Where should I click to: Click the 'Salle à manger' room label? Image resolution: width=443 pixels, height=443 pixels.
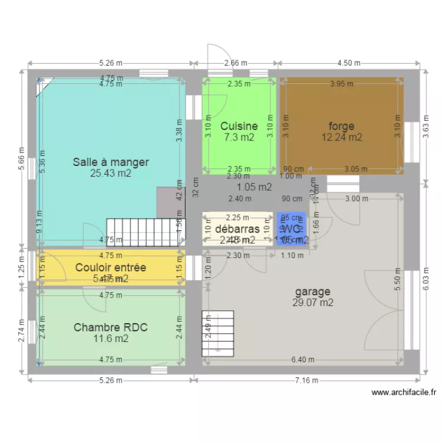tap(110, 161)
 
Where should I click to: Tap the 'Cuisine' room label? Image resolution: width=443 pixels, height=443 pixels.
tap(239, 126)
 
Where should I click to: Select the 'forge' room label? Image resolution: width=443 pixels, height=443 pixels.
tap(341, 126)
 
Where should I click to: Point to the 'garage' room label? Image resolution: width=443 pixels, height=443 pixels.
tap(312, 291)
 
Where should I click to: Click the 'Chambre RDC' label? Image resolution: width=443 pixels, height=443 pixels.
tap(110, 327)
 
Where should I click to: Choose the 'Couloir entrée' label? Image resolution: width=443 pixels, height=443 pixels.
tap(110, 267)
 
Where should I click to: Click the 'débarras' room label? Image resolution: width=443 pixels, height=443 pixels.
tap(237, 229)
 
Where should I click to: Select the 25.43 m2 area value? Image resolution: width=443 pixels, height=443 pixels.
tap(110, 173)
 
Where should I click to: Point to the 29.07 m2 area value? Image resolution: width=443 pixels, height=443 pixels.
tap(312, 302)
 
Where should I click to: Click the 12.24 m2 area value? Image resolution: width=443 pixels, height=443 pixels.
tap(341, 137)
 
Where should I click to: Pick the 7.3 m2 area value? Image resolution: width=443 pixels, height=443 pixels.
tap(239, 137)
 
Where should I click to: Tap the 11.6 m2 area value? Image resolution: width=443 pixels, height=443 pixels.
tap(110, 338)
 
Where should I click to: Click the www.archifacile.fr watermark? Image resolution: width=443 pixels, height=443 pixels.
tap(403, 392)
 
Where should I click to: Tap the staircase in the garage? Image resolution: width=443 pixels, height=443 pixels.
tap(218, 334)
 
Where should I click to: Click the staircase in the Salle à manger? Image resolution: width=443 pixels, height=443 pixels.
tap(142, 232)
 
